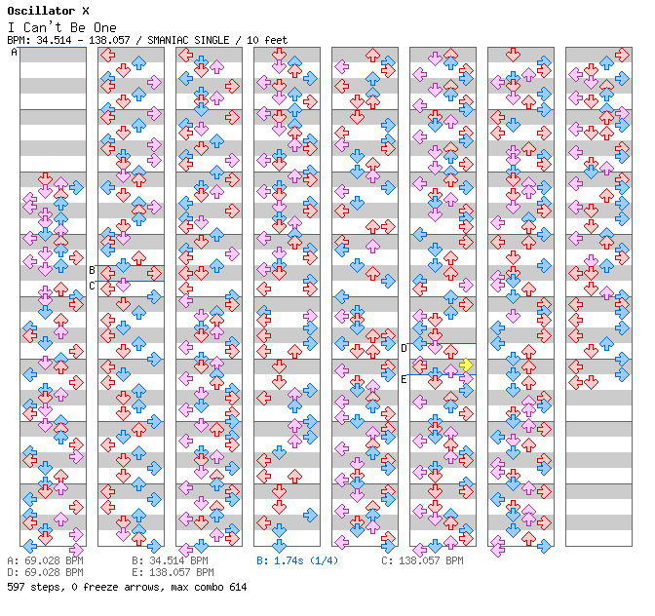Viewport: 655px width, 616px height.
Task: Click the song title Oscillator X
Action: click(48, 11)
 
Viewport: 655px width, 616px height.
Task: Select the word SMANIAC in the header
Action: click(170, 40)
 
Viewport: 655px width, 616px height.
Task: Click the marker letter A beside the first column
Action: click(15, 53)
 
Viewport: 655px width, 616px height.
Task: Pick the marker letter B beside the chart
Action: click(93, 270)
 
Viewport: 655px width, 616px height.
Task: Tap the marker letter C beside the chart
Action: click(93, 286)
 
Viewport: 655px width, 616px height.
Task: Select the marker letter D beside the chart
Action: click(405, 348)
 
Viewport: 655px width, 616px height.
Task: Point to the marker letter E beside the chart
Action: click(405, 379)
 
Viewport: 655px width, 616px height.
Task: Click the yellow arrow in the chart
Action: click(466, 365)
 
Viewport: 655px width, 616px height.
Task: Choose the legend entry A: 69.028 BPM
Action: click(45, 561)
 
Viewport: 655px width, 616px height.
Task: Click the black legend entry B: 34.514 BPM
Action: click(170, 561)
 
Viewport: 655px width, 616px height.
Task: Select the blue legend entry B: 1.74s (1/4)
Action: click(297, 561)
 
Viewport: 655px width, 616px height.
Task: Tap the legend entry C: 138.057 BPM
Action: click(422, 561)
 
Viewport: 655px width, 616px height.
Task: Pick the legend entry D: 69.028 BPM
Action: click(45, 573)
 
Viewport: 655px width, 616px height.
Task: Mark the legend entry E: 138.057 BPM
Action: click(170, 573)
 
